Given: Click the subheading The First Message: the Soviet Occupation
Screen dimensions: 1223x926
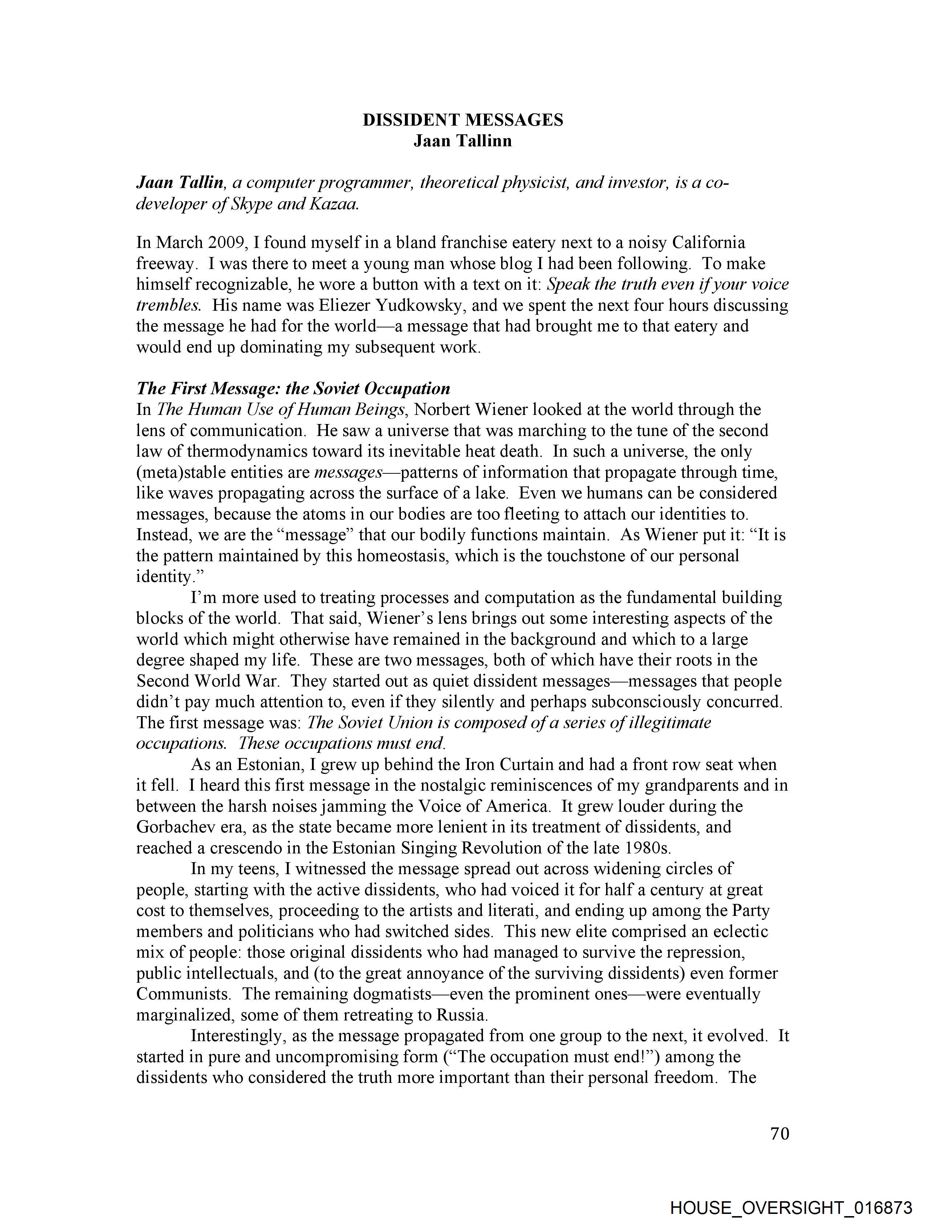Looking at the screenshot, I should click(293, 389).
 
